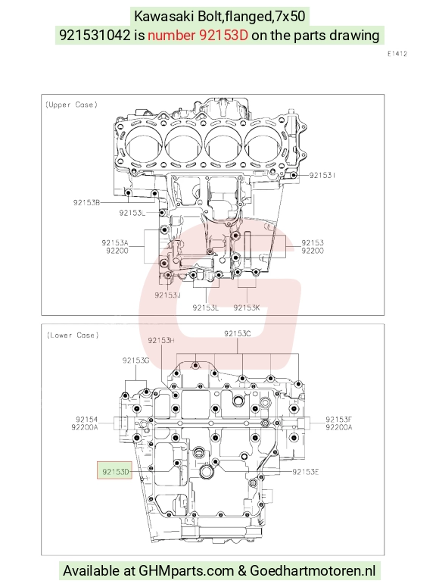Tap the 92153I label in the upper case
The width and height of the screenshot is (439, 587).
322,175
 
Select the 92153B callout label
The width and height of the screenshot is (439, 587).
86,202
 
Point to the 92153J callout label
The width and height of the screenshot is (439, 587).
168,295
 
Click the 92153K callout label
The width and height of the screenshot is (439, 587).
246,308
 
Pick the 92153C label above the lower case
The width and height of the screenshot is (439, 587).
237,333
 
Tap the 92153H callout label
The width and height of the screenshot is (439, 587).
161,340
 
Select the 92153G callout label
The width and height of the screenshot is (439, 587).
135,360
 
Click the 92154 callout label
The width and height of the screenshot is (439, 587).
86,420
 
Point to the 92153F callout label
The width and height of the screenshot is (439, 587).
338,420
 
